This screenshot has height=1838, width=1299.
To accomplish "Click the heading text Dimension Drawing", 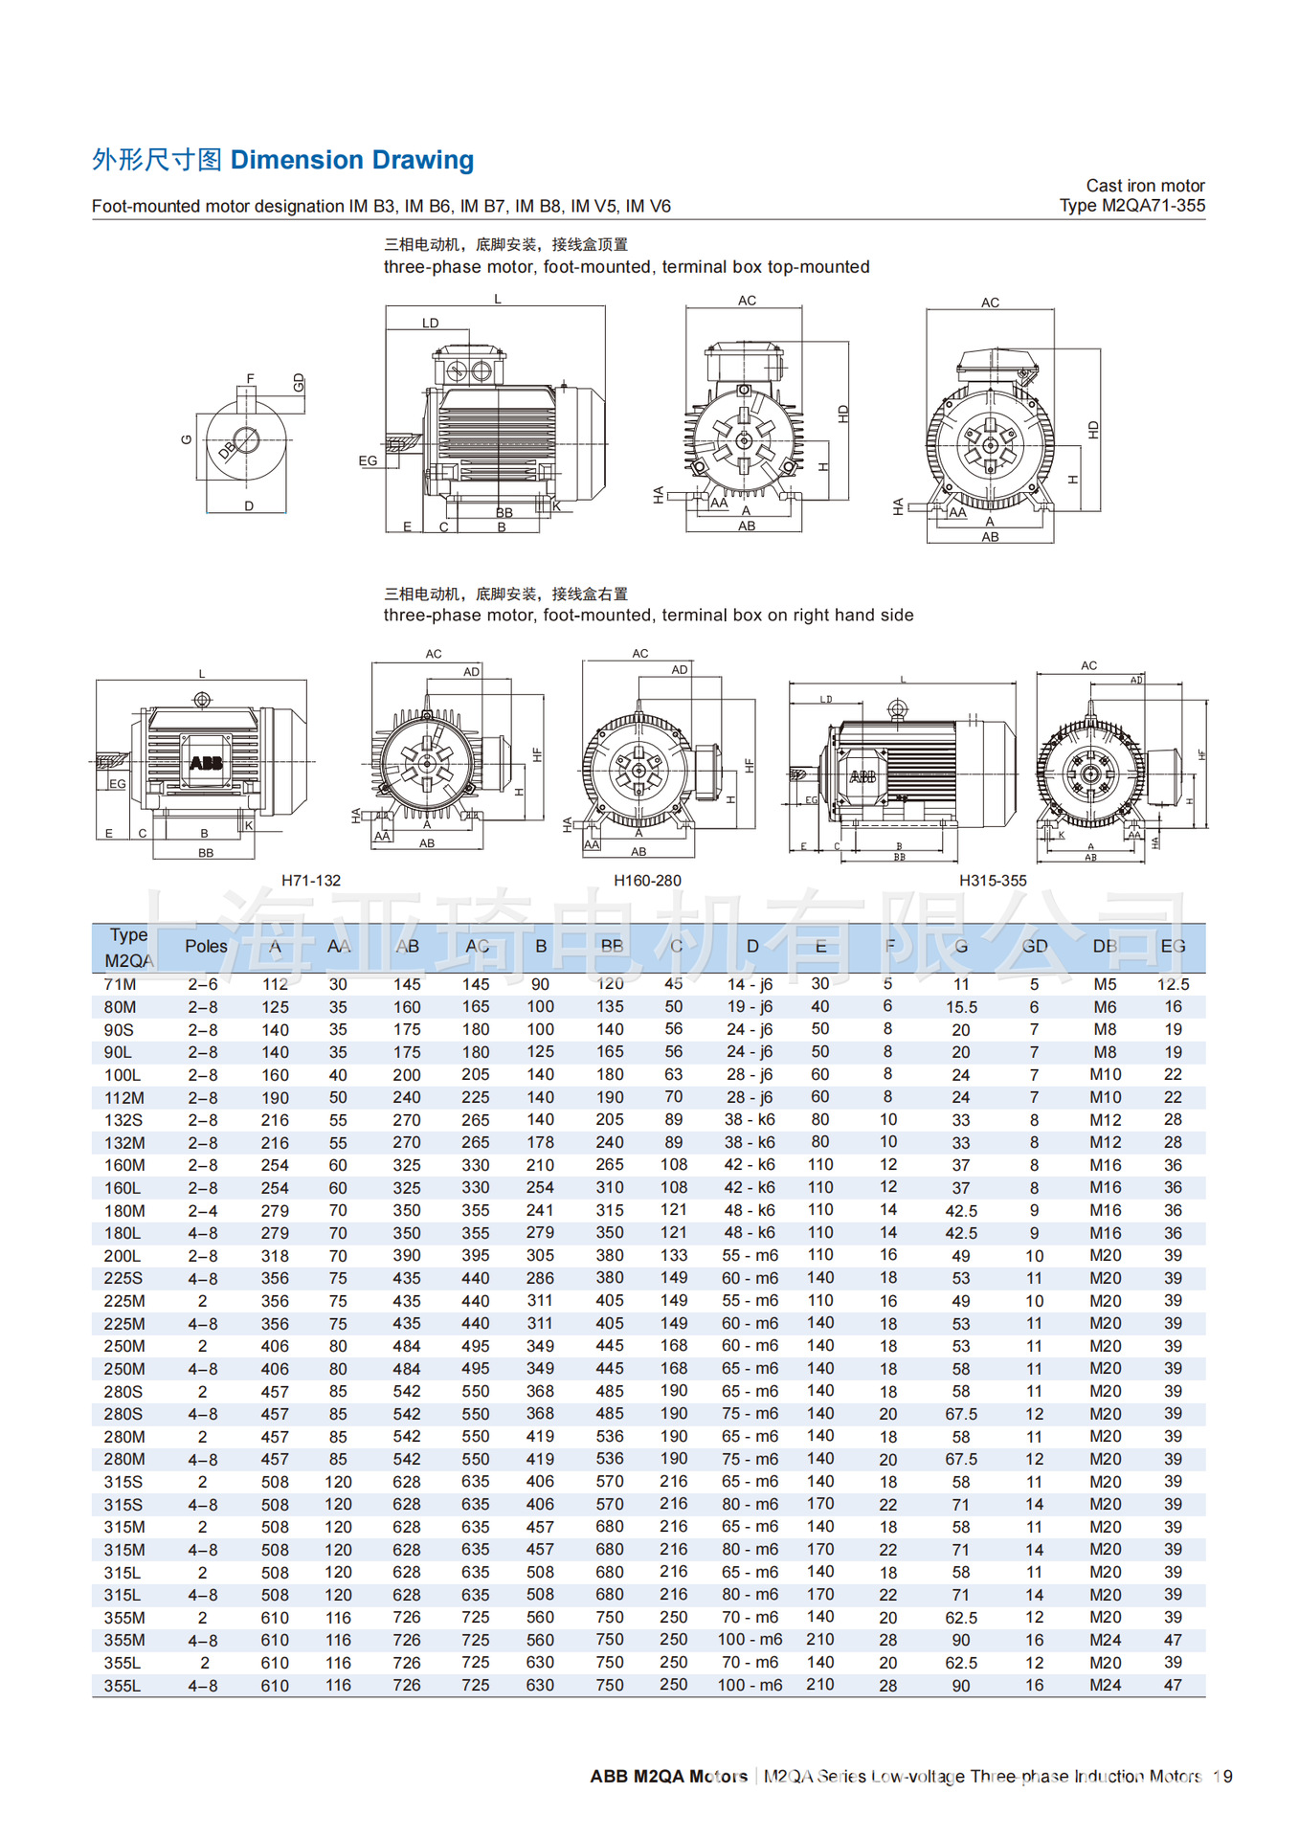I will pyautogui.click(x=351, y=160).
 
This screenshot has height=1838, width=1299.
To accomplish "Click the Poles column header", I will pyautogui.click(x=206, y=946).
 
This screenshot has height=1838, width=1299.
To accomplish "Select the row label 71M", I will pyautogui.click(x=120, y=984).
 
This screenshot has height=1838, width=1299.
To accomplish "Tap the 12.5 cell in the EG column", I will pyautogui.click(x=1173, y=984).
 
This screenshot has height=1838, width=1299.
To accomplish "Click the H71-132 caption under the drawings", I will pyautogui.click(x=311, y=881).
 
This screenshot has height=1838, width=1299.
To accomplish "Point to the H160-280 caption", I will pyautogui.click(x=647, y=881).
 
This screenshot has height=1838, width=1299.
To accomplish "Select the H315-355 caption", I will pyautogui.click(x=993, y=881).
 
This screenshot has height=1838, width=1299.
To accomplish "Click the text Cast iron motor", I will pyautogui.click(x=1145, y=186).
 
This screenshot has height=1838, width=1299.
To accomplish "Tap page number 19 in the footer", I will pyautogui.click(x=1222, y=1777).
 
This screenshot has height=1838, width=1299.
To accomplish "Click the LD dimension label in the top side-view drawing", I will pyautogui.click(x=431, y=324).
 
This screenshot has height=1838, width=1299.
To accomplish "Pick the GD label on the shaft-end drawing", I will pyautogui.click(x=299, y=383).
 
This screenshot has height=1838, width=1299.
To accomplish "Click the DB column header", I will pyautogui.click(x=1105, y=946).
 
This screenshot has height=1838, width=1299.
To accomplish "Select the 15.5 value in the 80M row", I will pyautogui.click(x=961, y=1007).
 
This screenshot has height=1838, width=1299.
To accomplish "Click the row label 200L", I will pyautogui.click(x=123, y=1256).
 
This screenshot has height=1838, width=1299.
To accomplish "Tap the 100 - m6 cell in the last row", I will pyautogui.click(x=750, y=1685).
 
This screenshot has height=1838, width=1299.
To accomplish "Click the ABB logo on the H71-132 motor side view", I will pyautogui.click(x=206, y=763).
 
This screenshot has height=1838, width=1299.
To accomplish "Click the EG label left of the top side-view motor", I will pyautogui.click(x=368, y=460).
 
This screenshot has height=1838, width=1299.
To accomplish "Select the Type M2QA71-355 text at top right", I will pyautogui.click(x=1131, y=206).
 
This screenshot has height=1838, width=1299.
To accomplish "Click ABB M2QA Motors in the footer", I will pyautogui.click(x=668, y=1777).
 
